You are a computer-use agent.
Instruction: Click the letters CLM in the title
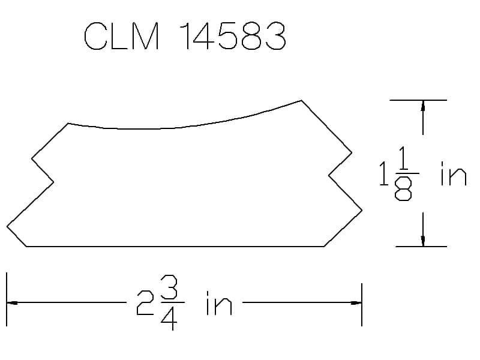(x=122, y=36)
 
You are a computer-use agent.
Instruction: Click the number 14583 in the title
(x=233, y=36)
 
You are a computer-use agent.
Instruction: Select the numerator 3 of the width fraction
(x=169, y=287)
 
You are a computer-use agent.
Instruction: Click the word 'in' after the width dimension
(x=219, y=303)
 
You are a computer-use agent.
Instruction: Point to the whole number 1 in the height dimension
(x=383, y=173)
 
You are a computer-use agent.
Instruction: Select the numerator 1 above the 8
(x=403, y=158)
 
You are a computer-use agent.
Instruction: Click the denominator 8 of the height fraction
(x=403, y=189)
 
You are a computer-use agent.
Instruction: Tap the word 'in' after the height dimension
(x=454, y=173)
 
